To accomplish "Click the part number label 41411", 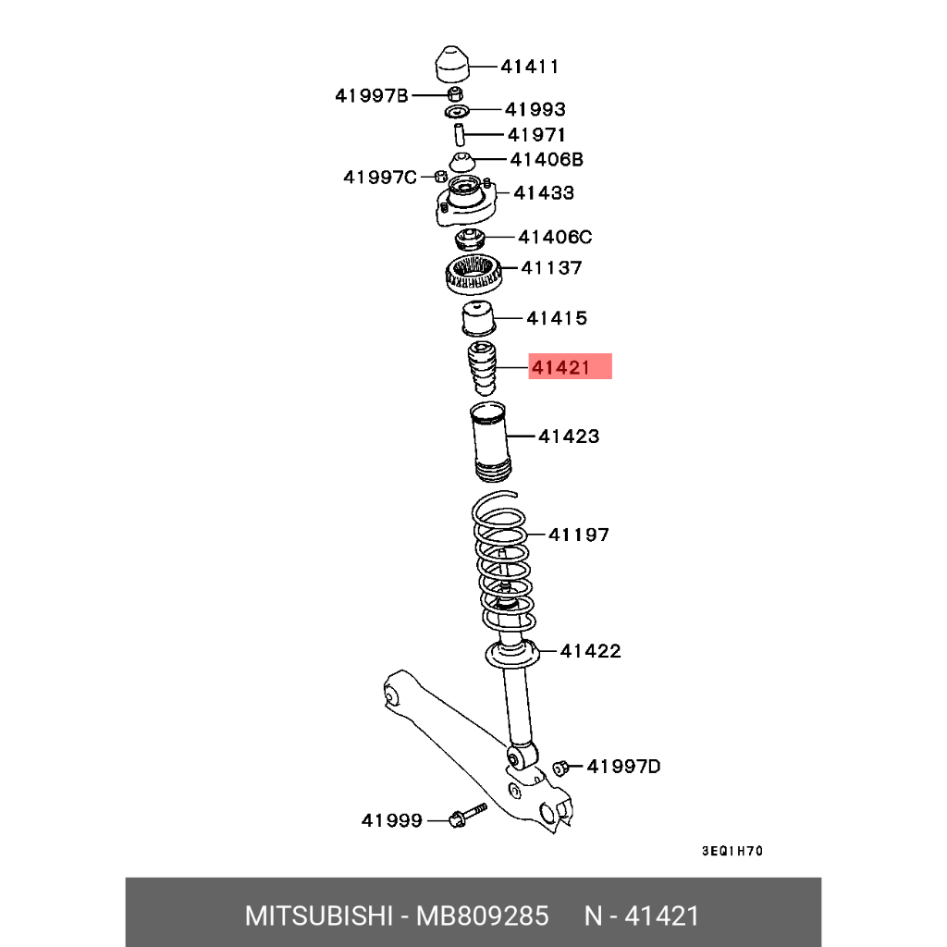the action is click(529, 67).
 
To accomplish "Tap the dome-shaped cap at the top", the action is click(452, 64).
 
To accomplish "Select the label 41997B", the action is click(372, 95).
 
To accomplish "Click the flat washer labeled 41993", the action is click(457, 111).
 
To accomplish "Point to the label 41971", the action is click(536, 135).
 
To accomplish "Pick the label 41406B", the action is click(547, 159).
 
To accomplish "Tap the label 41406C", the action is click(555, 237).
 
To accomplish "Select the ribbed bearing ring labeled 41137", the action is click(474, 275).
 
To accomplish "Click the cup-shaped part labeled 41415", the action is click(479, 318).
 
